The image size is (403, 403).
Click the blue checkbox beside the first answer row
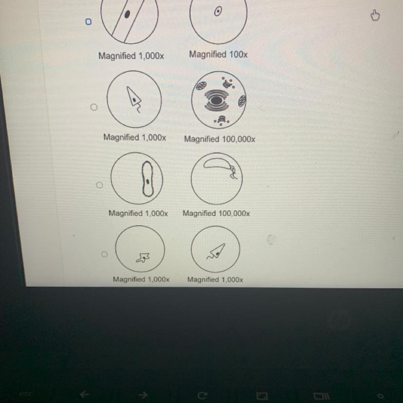pyautogui.click(x=88, y=22)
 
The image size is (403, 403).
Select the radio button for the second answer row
pyautogui.click(x=94, y=107)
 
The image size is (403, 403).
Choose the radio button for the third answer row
pyautogui.click(x=99, y=185)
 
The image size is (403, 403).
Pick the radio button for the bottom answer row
pyautogui.click(x=104, y=254)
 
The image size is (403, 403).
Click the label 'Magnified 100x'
pyautogui.click(x=218, y=55)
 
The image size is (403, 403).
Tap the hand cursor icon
pyautogui.click(x=375, y=15)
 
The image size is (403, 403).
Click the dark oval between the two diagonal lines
pyautogui.click(x=127, y=15)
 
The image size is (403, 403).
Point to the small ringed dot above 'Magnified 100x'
pyautogui.click(x=218, y=11)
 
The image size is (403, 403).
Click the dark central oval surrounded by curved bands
pyautogui.click(x=217, y=100)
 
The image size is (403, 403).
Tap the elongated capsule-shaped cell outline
pyautogui.click(x=147, y=179)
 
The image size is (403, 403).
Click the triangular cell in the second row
pyautogui.click(x=134, y=98)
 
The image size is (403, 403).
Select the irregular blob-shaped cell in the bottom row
pyautogui.click(x=143, y=257)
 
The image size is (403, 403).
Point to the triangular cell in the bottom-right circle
pyautogui.click(x=217, y=252)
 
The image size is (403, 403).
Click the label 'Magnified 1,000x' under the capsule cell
pyautogui.click(x=138, y=213)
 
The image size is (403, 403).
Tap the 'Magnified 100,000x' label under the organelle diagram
pyautogui.click(x=220, y=139)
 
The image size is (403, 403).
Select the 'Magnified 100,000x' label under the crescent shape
pyautogui.click(x=216, y=213)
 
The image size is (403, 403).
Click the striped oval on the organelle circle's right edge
pyautogui.click(x=242, y=101)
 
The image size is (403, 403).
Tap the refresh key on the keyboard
pyautogui.click(x=202, y=395)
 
